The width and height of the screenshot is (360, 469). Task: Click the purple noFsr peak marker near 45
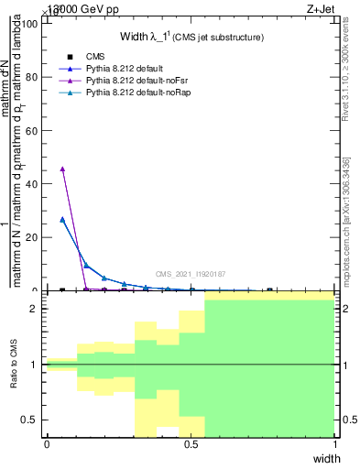click(61, 169)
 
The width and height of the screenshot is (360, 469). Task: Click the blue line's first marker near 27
click(61, 219)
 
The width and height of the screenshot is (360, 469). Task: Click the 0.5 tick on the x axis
click(191, 444)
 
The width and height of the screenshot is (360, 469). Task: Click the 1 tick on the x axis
click(335, 444)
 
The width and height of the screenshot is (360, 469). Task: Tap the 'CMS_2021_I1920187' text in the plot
click(190, 274)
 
